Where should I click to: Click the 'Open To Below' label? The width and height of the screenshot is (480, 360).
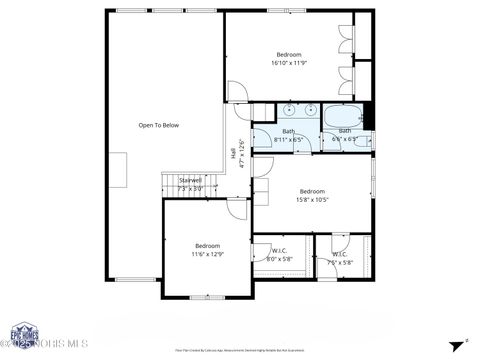[158, 125]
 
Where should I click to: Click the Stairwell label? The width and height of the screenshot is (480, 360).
[190, 184]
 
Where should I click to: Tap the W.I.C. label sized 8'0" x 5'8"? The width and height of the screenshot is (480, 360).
[279, 256]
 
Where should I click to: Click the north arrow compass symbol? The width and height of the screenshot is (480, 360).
[459, 342]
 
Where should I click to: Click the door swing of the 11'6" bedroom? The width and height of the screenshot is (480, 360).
[237, 208]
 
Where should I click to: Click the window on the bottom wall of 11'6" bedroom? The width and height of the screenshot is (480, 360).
[205, 297]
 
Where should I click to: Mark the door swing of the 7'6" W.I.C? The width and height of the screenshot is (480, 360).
[340, 241]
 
